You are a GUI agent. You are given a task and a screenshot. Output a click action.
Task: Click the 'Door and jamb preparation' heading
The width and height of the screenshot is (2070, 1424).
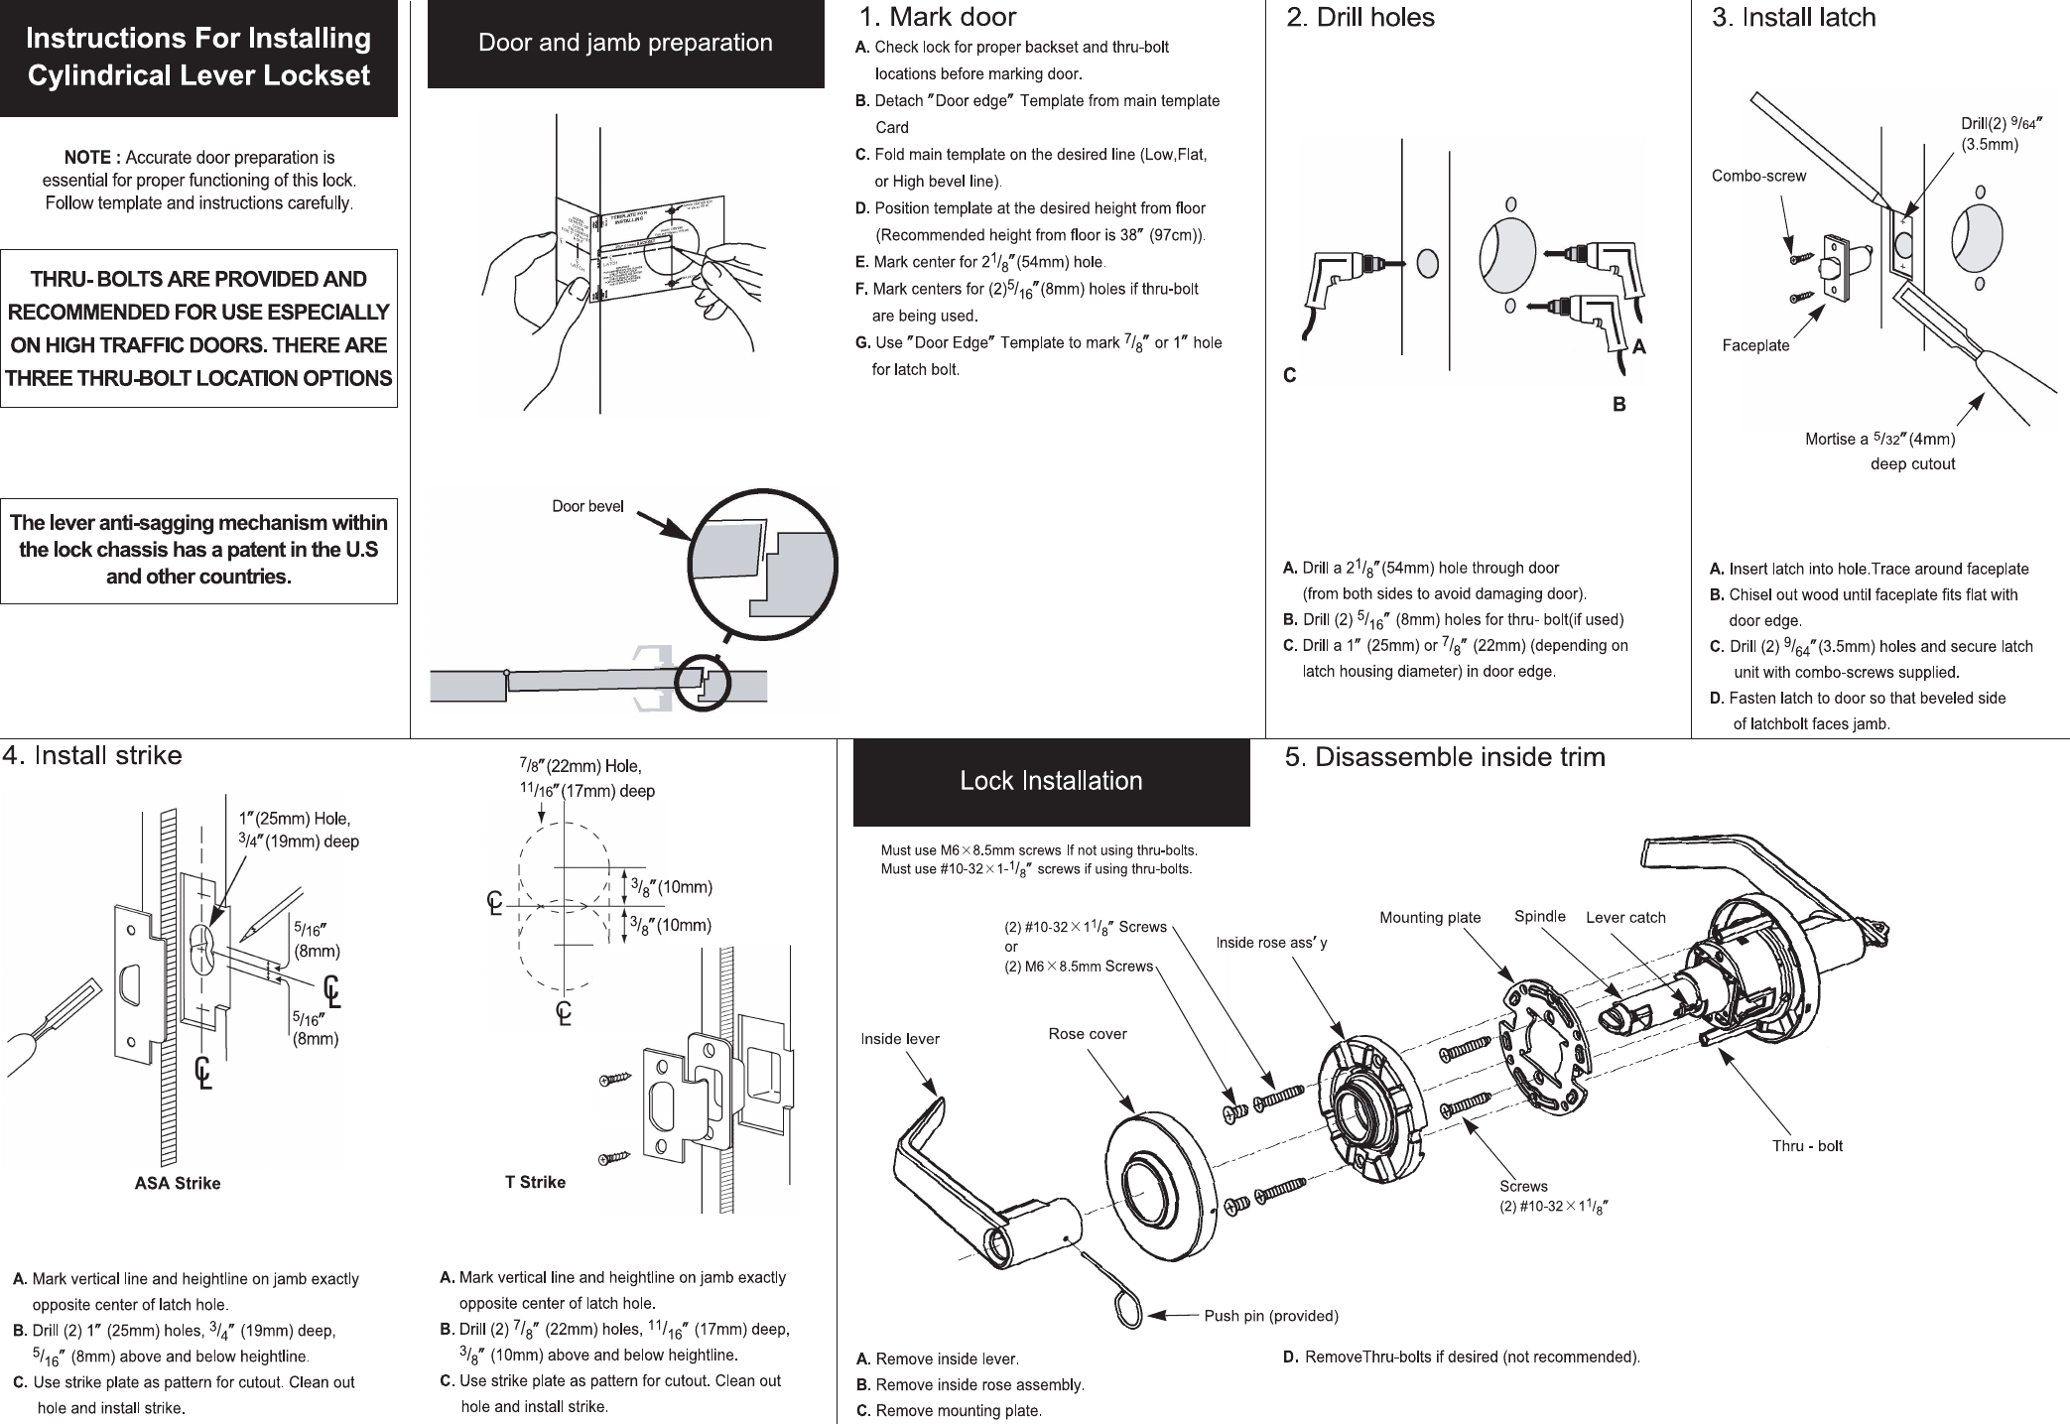[625, 44]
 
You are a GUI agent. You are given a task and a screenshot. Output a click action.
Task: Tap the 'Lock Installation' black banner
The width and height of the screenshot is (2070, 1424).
[1051, 781]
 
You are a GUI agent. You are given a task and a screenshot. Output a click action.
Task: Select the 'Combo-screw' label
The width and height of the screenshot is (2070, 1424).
[1758, 177]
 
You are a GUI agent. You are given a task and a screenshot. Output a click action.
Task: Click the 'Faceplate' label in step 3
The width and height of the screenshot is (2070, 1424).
[1755, 345]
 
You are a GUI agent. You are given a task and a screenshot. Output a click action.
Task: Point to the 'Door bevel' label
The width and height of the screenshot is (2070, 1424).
[587, 506]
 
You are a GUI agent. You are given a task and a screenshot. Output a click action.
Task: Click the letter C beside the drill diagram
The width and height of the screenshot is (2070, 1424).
[1289, 376]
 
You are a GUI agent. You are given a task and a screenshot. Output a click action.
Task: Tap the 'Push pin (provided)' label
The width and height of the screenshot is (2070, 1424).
[1270, 1316]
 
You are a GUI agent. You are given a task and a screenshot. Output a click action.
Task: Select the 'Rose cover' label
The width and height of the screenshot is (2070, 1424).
[1088, 1034]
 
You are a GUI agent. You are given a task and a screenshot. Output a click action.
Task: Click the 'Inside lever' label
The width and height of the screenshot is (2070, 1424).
[899, 1039]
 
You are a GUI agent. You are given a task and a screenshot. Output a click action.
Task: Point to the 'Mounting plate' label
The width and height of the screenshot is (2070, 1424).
[1429, 918]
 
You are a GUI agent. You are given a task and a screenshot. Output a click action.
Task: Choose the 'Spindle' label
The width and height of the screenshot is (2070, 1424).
[1539, 916]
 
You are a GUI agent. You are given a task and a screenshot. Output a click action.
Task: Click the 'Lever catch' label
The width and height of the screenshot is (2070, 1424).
[1625, 918]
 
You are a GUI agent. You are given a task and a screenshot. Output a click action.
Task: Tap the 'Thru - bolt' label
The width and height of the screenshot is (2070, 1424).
[1807, 1146]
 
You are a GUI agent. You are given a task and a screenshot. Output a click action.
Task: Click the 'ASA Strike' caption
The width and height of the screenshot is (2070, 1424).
[177, 1183]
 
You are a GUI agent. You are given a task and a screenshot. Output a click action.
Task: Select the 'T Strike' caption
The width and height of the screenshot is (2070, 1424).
[535, 1182]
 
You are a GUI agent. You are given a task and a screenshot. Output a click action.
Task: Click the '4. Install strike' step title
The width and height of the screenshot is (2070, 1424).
[92, 756]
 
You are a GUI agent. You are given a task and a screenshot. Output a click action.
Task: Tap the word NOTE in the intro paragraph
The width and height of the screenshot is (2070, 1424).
[91, 158]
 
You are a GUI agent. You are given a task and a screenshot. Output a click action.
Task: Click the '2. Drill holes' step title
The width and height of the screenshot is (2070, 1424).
[1359, 18]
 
